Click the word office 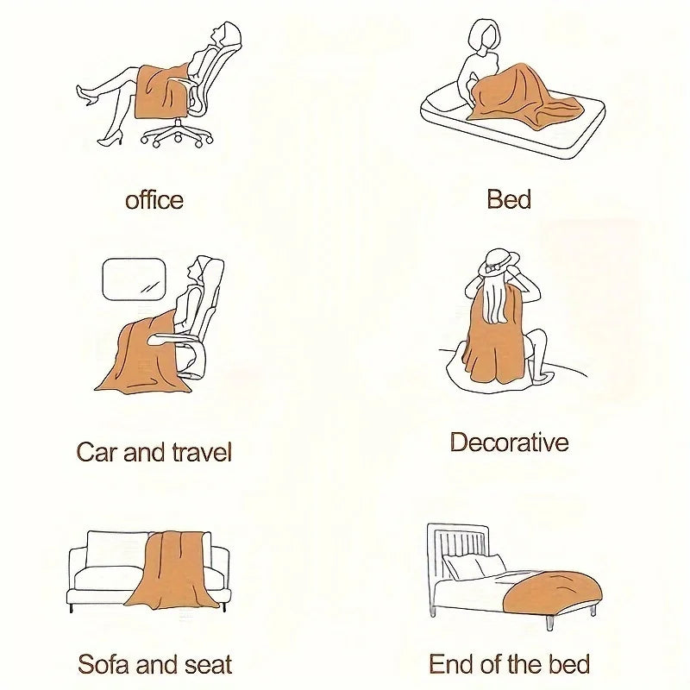click(154, 200)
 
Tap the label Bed click(509, 199)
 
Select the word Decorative click(509, 442)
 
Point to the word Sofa click(103, 664)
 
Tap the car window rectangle click(135, 279)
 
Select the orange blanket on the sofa click(173, 570)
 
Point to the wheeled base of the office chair click(177, 134)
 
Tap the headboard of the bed click(458, 550)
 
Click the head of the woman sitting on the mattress click(484, 35)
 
